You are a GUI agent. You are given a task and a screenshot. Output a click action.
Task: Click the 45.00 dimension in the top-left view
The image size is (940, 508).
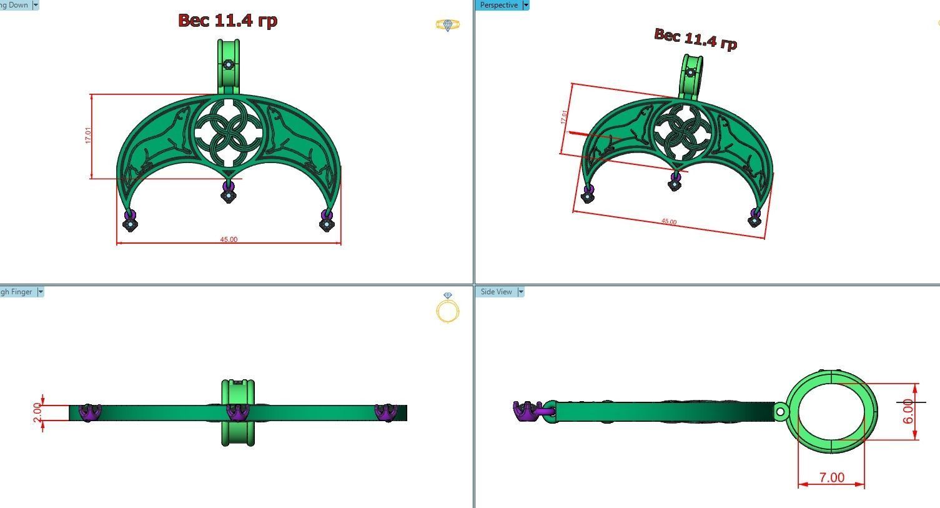229,239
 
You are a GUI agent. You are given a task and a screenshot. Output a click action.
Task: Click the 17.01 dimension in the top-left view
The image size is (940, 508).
88,136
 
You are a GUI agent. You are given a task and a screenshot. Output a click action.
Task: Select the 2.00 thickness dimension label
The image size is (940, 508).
37,412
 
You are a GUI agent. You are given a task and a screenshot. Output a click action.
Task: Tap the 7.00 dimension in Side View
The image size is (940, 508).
831,477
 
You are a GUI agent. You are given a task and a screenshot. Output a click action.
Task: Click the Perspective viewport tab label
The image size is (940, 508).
498,5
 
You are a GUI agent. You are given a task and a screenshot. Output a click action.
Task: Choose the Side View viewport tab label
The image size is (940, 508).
497,292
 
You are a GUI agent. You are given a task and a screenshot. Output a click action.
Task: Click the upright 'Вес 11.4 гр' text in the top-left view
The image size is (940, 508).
227,21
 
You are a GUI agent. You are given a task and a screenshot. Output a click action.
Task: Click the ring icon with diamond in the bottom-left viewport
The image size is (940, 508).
448,307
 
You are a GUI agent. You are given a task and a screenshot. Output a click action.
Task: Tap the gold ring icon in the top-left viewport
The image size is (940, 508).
448,25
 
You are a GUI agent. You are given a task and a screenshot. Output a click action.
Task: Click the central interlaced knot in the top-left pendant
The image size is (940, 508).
228,131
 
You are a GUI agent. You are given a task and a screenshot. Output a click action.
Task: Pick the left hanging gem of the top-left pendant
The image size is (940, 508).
130,221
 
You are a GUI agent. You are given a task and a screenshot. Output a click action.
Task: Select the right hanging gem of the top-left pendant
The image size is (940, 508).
327,221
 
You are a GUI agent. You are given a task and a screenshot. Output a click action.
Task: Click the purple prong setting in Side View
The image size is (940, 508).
526,411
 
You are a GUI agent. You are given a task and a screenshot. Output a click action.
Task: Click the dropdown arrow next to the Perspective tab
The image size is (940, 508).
526,5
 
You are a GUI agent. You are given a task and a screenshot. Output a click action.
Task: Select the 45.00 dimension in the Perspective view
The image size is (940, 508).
668,222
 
